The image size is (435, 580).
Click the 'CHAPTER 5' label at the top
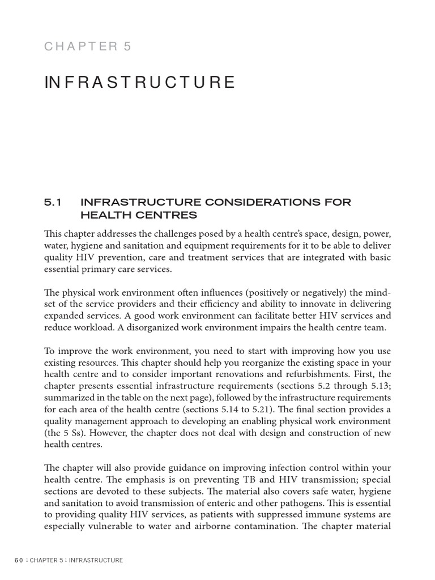pyautogui.click(x=88, y=46)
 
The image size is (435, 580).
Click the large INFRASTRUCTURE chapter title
pyautogui.click(x=139, y=83)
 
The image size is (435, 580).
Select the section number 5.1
pyautogui.click(x=53, y=202)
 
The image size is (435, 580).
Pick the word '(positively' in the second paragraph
pyautogui.click(x=270, y=292)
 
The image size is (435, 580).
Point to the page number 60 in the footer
pyautogui.click(x=19, y=561)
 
